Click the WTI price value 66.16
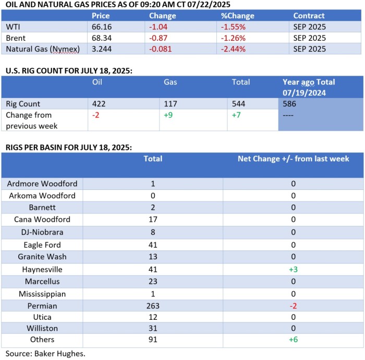101,27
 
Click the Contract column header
309,16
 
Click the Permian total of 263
153,306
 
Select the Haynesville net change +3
293,269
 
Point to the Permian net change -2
293,306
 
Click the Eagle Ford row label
42,245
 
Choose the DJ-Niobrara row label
42,232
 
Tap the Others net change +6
293,343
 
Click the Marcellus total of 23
153,281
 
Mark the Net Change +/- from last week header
293,159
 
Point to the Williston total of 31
153,330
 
